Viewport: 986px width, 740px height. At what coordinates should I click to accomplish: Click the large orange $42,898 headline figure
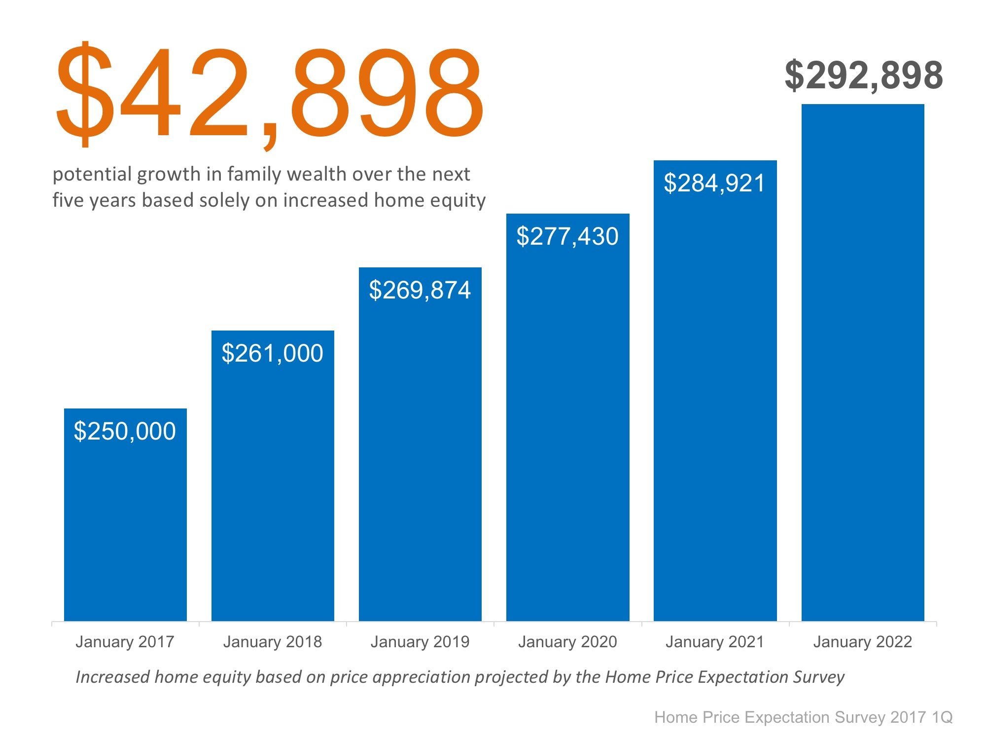click(x=269, y=94)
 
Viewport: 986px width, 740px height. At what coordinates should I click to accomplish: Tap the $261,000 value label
click(x=272, y=353)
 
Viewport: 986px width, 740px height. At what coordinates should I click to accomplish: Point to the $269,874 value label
click(x=420, y=290)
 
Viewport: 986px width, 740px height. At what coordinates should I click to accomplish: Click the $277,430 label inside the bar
click(x=567, y=236)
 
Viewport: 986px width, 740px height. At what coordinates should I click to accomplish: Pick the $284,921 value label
click(x=714, y=183)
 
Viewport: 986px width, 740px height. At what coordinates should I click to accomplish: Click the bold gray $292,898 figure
click(x=864, y=75)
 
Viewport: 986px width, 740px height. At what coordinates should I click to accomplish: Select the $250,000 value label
click(x=125, y=431)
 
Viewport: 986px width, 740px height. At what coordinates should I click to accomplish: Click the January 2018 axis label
click(x=272, y=642)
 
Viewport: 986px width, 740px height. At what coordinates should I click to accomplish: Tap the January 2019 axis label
click(x=420, y=642)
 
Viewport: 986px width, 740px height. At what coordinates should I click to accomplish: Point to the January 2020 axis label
click(x=567, y=642)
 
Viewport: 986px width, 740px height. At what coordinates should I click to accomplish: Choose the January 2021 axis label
click(x=714, y=642)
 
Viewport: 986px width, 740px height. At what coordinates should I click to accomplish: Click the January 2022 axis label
click(x=862, y=642)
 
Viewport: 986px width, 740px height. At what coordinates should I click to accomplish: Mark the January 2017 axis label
click(x=125, y=642)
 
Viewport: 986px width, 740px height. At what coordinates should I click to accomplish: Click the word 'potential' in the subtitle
click(x=92, y=175)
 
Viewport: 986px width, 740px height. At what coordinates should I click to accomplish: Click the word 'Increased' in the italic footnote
click(x=112, y=677)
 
